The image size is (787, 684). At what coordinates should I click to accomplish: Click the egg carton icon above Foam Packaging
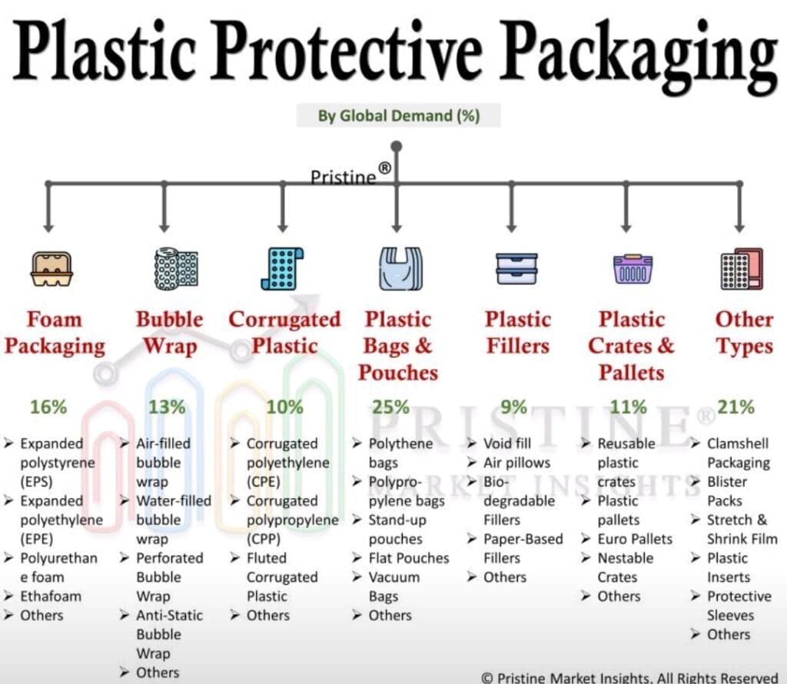(x=51, y=269)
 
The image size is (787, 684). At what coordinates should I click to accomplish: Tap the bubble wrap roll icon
(x=176, y=268)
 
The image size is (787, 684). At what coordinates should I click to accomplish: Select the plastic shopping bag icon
(x=400, y=268)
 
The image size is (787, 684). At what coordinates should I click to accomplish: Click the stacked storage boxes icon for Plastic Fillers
(x=516, y=269)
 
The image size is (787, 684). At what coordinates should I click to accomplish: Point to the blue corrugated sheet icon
(x=282, y=268)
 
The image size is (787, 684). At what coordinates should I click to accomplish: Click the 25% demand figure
(x=390, y=407)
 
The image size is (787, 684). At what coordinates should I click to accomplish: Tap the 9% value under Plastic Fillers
(x=513, y=407)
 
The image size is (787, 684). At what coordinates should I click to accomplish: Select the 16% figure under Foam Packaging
(x=48, y=407)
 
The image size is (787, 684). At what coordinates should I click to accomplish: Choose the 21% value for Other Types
(x=736, y=407)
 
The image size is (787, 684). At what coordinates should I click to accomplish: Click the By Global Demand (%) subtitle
(x=399, y=116)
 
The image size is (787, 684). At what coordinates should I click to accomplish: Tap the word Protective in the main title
(x=349, y=51)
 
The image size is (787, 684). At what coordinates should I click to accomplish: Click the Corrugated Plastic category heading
(x=284, y=332)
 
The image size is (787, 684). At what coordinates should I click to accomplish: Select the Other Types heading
(x=744, y=333)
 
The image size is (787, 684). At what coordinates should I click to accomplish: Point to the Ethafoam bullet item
(x=43, y=596)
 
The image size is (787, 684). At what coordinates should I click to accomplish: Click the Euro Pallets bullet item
(x=627, y=539)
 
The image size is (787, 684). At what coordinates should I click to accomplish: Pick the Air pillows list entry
(x=509, y=463)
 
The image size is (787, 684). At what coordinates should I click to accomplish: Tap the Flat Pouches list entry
(x=400, y=558)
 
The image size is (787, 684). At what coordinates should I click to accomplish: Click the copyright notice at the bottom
(x=629, y=678)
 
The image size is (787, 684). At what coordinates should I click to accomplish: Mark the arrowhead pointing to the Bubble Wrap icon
(x=164, y=227)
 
